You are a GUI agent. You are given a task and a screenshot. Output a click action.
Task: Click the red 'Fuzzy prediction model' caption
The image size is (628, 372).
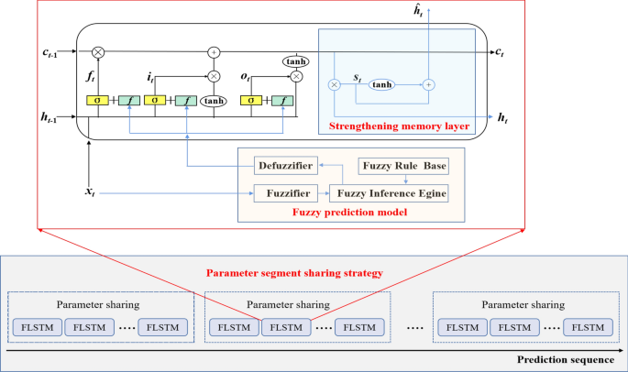349,213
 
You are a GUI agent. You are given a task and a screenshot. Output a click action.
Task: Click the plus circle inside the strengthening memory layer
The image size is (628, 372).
427,84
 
